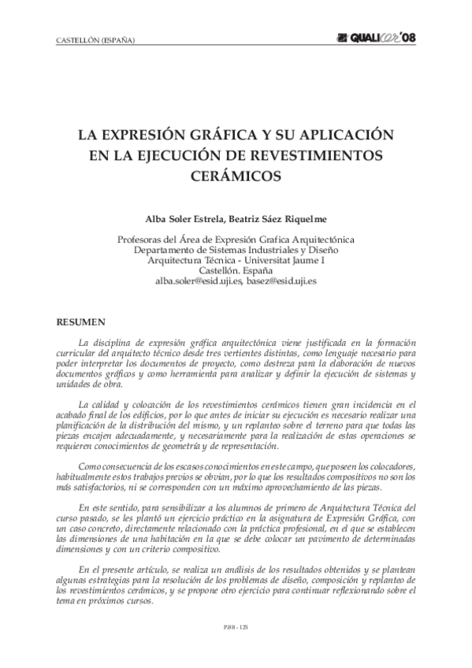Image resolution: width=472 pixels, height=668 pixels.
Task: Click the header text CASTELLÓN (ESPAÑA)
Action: pyautogui.click(x=96, y=41)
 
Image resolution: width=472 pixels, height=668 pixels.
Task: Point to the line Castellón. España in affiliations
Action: pyautogui.click(x=236, y=269)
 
